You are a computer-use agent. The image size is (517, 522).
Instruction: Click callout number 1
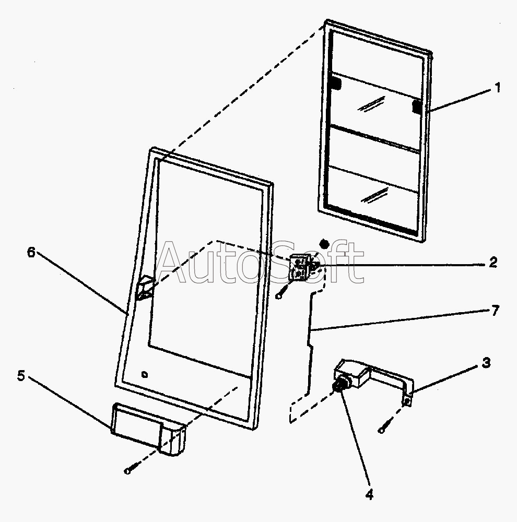click(x=497, y=88)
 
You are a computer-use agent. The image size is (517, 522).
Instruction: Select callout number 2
click(x=493, y=263)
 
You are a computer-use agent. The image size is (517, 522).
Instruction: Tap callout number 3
click(x=486, y=363)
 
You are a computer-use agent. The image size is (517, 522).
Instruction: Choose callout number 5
click(x=21, y=376)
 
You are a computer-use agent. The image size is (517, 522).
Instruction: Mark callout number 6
click(x=31, y=252)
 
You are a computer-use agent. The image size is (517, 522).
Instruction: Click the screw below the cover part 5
click(x=129, y=470)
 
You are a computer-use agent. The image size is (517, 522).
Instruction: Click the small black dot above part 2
click(x=324, y=243)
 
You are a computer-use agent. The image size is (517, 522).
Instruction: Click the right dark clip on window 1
click(x=417, y=106)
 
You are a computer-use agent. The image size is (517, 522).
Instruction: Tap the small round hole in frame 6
click(x=145, y=374)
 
